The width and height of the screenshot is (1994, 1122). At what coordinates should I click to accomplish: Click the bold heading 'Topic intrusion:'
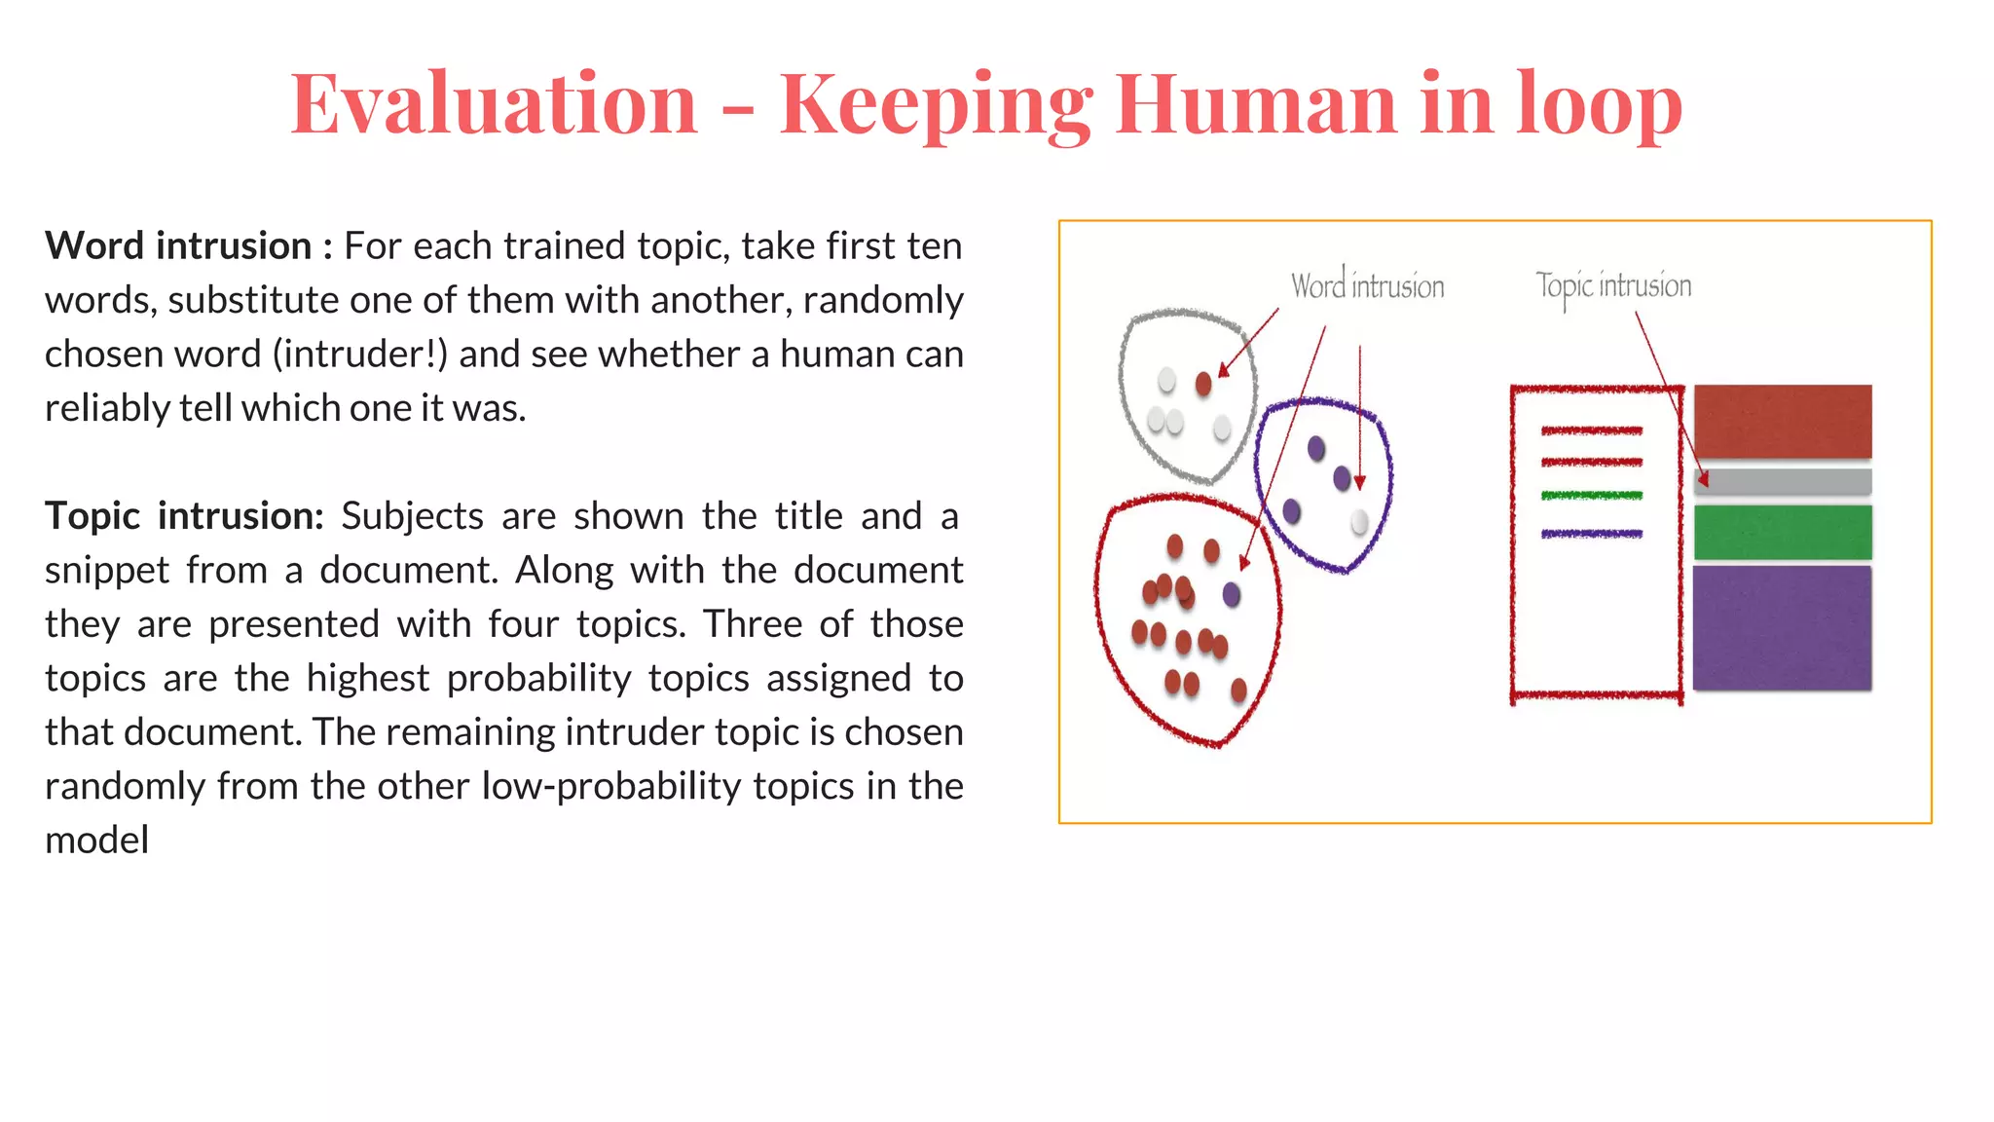click(x=184, y=515)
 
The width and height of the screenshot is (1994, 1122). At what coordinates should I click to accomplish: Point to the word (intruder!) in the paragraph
click(x=360, y=354)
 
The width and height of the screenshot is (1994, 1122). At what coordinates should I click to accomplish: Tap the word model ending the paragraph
click(x=97, y=840)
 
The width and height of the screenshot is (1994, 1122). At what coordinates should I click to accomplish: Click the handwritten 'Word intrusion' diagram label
click(x=1367, y=286)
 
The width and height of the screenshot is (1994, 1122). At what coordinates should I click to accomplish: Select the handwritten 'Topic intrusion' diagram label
click(x=1613, y=286)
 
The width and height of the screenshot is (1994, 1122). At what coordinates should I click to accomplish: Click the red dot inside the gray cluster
click(x=1203, y=384)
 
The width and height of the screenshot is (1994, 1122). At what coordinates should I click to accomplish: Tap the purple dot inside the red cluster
click(x=1232, y=594)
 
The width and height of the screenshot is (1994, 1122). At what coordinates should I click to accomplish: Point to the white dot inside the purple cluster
click(x=1359, y=523)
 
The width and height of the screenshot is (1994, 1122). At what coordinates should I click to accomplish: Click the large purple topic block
click(x=1782, y=627)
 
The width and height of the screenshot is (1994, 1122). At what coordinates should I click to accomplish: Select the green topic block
click(x=1782, y=532)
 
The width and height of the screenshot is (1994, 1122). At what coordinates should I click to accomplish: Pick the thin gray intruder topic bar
click(x=1782, y=481)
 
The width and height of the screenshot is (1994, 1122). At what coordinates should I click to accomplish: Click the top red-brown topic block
click(x=1782, y=421)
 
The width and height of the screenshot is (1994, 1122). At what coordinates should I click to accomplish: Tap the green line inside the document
click(x=1592, y=496)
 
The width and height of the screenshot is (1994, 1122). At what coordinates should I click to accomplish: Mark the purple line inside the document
click(x=1592, y=534)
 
